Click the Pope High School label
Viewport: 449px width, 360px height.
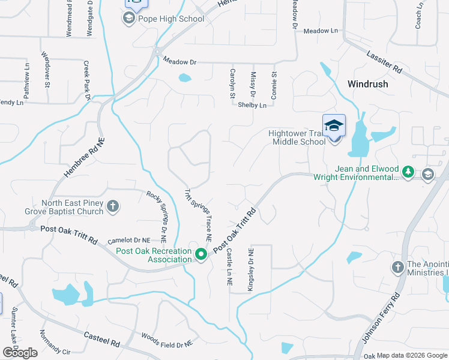(171, 19)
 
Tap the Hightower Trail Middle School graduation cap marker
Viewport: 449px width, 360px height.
(334, 126)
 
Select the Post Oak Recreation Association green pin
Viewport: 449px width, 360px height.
(202, 255)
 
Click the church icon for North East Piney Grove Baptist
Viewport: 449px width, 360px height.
(112, 208)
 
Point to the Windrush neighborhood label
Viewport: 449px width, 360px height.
(367, 84)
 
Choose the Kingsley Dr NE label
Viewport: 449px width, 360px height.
(252, 269)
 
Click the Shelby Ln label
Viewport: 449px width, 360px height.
(252, 105)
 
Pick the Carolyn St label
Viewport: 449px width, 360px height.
(232, 84)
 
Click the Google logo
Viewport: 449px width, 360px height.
(20, 353)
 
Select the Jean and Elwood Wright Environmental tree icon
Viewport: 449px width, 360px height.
(408, 173)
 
